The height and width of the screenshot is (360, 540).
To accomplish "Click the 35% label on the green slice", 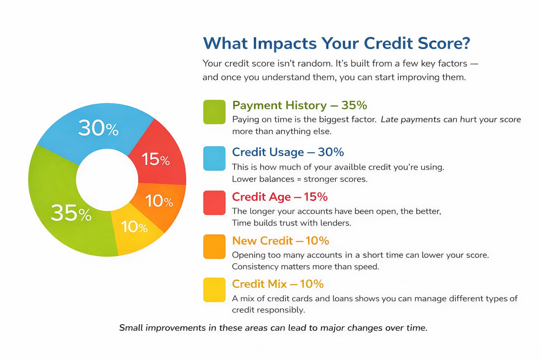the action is coord(71,213).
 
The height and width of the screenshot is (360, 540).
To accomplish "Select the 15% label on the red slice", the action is coord(155,159).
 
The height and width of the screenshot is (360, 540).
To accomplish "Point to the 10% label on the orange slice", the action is coord(159,201).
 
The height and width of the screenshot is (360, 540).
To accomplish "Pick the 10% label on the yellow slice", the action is coord(134,227).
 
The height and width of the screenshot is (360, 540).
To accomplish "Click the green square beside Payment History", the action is coord(214,112).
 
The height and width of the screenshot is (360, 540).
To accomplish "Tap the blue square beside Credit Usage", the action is coord(214,159).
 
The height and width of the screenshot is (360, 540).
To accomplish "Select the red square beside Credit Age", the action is coord(214,202).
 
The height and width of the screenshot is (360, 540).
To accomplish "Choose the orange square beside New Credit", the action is coord(214,247).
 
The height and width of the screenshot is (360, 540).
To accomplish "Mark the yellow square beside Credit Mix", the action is coord(214,290).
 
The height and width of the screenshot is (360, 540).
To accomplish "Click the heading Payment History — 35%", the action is coord(299,106).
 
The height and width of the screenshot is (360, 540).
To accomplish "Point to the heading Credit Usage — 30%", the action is coord(288,152).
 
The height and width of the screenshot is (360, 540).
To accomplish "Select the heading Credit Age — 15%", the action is coord(280,197).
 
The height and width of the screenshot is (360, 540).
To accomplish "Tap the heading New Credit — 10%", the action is coord(280,241).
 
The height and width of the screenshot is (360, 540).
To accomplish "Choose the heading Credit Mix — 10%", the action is coord(277,284).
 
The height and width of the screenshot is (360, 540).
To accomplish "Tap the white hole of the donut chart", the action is coord(107,180).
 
